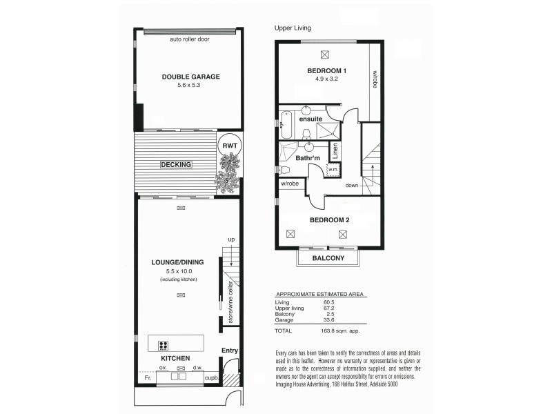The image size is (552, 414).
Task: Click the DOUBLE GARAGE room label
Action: (x=190, y=77)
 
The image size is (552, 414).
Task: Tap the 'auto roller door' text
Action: (x=190, y=39)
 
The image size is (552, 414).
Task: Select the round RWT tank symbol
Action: (x=228, y=146)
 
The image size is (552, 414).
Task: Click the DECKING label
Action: (x=175, y=164)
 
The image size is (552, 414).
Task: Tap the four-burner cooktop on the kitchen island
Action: (x=165, y=346)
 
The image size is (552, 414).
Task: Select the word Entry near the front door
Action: (x=229, y=351)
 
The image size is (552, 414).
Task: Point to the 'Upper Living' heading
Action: (x=293, y=28)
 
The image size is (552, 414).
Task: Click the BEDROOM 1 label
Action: (x=327, y=71)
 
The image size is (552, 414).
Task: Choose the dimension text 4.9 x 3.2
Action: (x=327, y=80)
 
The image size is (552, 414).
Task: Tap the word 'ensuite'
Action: (x=310, y=119)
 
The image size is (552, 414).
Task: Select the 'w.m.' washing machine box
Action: (x=333, y=168)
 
